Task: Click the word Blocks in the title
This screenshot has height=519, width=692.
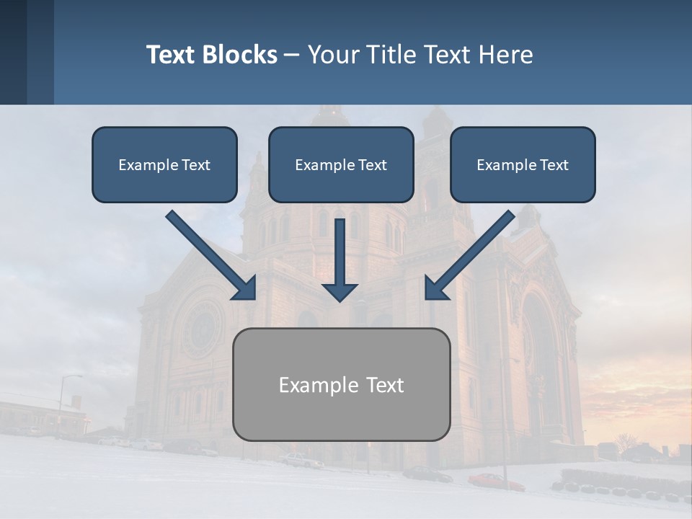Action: point(240,55)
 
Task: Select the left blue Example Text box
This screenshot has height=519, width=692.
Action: point(164,164)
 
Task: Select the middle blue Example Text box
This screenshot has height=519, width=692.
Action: point(341,164)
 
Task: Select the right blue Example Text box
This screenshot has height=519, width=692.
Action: point(523,164)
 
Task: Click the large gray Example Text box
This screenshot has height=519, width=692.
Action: point(341,384)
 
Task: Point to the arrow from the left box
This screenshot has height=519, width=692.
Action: point(212,256)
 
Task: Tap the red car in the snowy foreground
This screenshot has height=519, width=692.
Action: point(495,481)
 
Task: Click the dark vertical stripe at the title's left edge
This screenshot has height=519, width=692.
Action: point(13,52)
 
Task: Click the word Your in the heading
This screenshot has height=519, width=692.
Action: point(332,55)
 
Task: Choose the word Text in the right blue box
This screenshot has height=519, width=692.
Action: point(554,164)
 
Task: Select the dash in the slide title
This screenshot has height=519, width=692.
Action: point(292,55)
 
